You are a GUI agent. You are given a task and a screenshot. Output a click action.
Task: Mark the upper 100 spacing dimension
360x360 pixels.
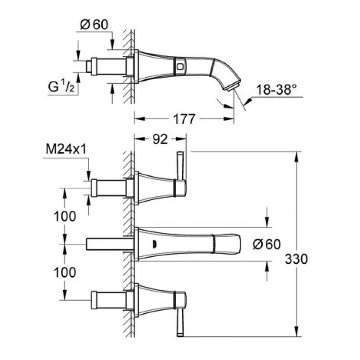click(65, 216)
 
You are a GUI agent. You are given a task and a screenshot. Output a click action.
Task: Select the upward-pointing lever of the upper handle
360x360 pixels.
click(180, 167)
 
